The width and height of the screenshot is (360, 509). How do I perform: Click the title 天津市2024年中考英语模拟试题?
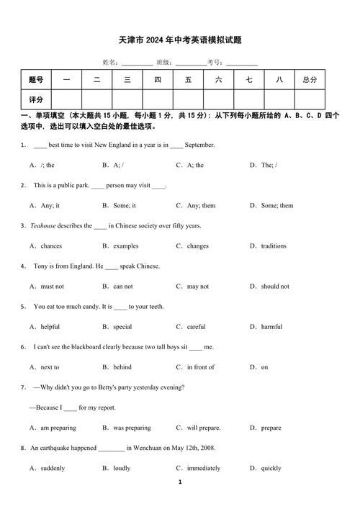180,41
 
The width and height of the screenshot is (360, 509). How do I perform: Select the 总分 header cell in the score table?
310,80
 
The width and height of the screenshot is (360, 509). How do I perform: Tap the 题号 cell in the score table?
36,80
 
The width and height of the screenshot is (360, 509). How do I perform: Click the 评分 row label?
36,99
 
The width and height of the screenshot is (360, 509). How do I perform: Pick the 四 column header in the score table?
158,80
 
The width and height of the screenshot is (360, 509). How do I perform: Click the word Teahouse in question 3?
42,225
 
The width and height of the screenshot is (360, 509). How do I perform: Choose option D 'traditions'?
273,246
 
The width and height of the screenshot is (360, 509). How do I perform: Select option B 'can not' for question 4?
122,286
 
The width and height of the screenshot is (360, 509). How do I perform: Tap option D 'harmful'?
271,326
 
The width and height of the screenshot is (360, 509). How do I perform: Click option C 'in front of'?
200,366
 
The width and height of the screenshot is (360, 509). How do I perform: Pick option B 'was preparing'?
132,427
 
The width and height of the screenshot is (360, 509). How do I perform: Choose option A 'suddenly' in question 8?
53,468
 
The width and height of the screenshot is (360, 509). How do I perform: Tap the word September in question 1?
199,145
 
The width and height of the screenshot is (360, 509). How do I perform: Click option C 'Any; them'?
201,205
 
